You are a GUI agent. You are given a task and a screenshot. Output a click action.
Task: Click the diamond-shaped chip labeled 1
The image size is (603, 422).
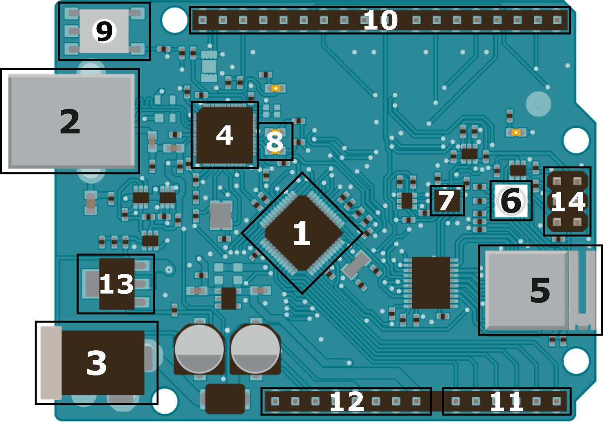[302, 233]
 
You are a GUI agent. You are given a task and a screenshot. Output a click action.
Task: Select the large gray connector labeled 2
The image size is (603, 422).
[70, 121]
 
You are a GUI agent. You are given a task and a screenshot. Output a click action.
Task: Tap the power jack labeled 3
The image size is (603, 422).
[97, 363]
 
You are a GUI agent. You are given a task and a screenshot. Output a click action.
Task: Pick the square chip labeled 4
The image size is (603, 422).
[225, 135]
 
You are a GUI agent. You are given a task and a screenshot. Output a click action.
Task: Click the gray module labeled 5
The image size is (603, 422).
[539, 290]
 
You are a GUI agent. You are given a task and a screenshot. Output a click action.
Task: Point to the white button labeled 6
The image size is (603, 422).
[511, 201]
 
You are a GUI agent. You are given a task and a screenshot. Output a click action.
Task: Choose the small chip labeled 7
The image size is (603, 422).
[447, 201]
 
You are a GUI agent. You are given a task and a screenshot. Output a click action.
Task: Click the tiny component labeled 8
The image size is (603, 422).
[275, 142]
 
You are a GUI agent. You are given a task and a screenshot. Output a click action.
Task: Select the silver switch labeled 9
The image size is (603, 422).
[104, 31]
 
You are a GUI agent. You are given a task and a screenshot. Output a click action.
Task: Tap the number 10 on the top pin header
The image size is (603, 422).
[380, 20]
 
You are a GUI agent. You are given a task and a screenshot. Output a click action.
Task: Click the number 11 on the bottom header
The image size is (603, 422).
[506, 401]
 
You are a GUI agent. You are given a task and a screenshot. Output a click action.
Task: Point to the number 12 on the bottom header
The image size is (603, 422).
[347, 401]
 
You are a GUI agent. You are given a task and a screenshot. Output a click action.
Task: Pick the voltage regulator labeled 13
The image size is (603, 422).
[116, 284]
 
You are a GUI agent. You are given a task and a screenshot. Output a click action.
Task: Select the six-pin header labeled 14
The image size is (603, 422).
[567, 201]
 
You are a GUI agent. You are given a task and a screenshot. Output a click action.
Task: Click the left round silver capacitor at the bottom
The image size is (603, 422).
[199, 349]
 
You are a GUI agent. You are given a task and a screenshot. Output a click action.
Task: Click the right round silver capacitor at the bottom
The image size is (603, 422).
[255, 349]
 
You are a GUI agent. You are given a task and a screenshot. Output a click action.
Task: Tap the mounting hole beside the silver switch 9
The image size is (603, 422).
[174, 20]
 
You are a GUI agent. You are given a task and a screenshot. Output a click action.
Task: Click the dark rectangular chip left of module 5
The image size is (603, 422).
[431, 283]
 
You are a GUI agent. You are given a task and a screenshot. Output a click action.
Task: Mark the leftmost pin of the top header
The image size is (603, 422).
[203, 20]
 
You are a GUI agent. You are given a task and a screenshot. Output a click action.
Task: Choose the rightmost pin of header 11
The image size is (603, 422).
[557, 401]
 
